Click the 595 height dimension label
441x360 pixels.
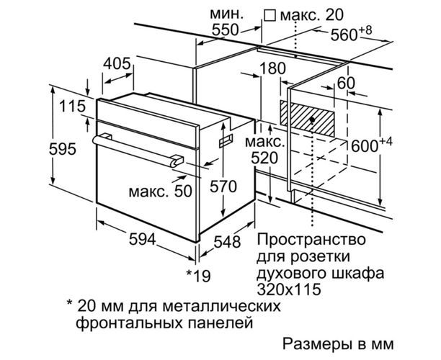(x=63, y=149)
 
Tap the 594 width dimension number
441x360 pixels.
(x=142, y=240)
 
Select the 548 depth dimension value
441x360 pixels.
(x=227, y=242)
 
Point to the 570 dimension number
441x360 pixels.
(x=223, y=186)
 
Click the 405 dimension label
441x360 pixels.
(x=117, y=64)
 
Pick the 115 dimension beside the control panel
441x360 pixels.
(x=72, y=107)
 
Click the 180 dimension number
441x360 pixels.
(x=272, y=68)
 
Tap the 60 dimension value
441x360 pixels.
(x=346, y=83)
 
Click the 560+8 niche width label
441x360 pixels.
(x=351, y=33)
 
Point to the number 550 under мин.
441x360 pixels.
(x=225, y=30)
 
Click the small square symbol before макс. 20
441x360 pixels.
(x=270, y=15)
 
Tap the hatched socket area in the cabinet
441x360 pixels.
(x=307, y=118)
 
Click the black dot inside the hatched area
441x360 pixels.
(x=312, y=120)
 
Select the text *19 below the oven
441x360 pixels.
(x=199, y=276)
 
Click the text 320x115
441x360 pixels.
(x=289, y=289)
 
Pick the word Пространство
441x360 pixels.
(x=311, y=240)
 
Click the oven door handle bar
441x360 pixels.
(x=138, y=151)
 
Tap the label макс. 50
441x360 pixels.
(x=160, y=191)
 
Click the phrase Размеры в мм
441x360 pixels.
(x=339, y=343)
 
